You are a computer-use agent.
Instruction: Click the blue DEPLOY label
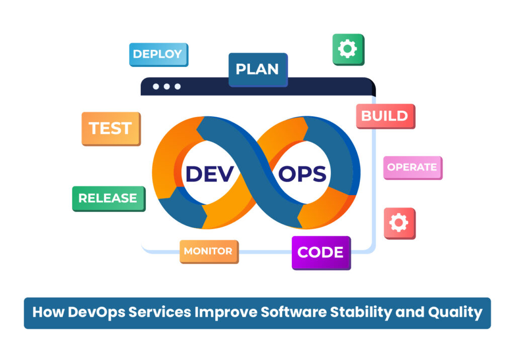point(158,54)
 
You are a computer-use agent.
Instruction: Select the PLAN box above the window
point(257,69)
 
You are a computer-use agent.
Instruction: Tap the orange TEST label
point(111,128)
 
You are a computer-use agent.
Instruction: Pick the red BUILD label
point(385,116)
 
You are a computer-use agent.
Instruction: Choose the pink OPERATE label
point(412,167)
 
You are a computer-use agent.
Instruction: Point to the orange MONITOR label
point(208,251)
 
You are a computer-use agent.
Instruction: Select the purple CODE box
point(320,252)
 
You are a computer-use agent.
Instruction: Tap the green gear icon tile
point(348,49)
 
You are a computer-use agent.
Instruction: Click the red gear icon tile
point(399,223)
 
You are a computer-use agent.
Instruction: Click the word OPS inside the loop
point(302,174)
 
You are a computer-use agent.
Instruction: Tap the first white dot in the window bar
point(156,86)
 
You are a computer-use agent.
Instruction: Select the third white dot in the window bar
point(178,86)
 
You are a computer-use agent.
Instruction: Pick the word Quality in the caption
point(455,313)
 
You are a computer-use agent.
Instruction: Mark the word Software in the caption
point(292,312)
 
